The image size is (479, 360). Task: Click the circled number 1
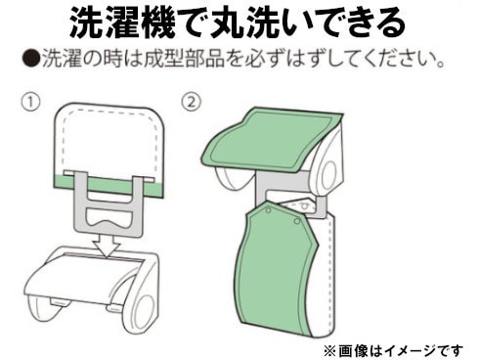(30, 102)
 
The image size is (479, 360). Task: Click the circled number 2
(192, 102)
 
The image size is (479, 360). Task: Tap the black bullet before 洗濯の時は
(31, 59)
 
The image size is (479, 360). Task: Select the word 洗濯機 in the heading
(123, 22)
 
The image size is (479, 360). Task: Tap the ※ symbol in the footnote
(330, 351)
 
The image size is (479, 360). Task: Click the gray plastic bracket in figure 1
(109, 204)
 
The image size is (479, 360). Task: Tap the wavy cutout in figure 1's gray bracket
(109, 219)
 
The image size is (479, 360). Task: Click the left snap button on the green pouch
(268, 211)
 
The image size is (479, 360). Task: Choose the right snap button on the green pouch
(297, 222)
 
